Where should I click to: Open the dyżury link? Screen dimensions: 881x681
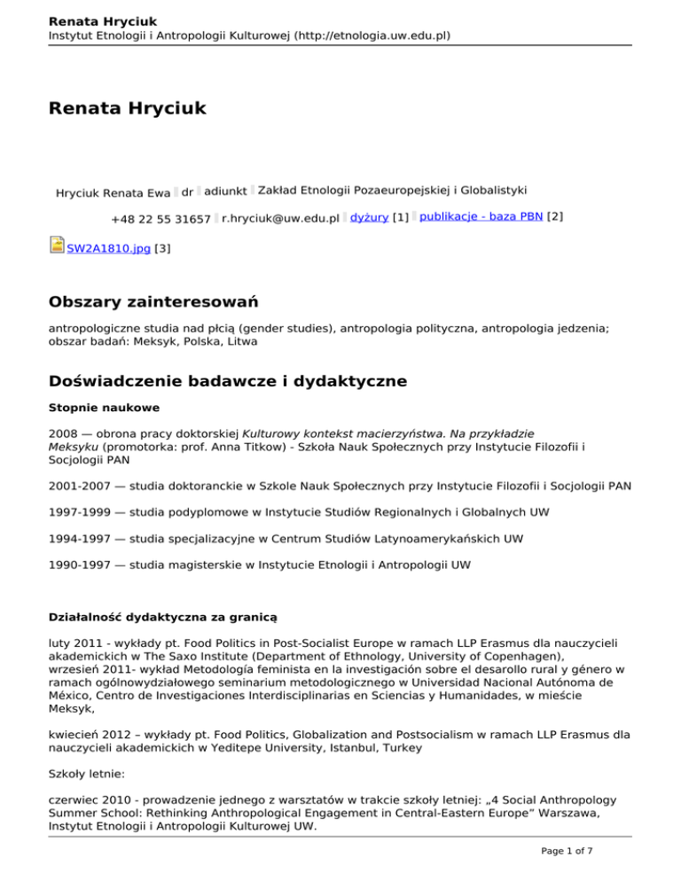(369, 218)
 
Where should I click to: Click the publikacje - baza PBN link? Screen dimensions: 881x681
(481, 218)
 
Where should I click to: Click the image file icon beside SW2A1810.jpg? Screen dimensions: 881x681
(57, 246)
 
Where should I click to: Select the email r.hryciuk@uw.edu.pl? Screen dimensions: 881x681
(281, 219)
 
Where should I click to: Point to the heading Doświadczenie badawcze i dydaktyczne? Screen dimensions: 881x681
(228, 381)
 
